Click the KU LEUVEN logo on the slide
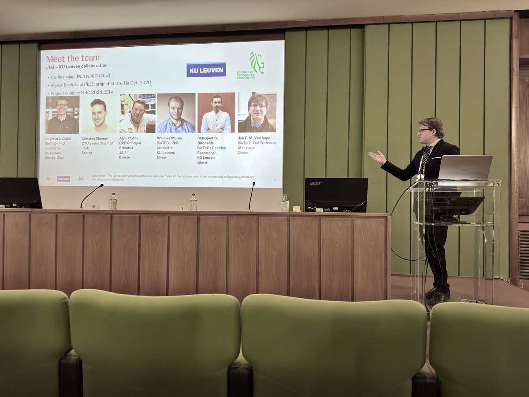coord(206,70)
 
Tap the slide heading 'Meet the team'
coord(73,58)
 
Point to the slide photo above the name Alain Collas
coord(138,113)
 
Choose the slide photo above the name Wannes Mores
coord(176,113)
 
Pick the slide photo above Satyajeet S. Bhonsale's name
coord(216,112)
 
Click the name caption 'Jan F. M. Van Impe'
coord(254,138)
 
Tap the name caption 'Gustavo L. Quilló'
coord(58,139)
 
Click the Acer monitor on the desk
coord(336,194)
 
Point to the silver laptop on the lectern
coord(465,168)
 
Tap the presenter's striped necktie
coord(424,159)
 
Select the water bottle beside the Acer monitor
coord(285,203)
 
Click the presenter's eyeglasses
coord(424,131)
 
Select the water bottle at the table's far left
coord(113,202)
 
